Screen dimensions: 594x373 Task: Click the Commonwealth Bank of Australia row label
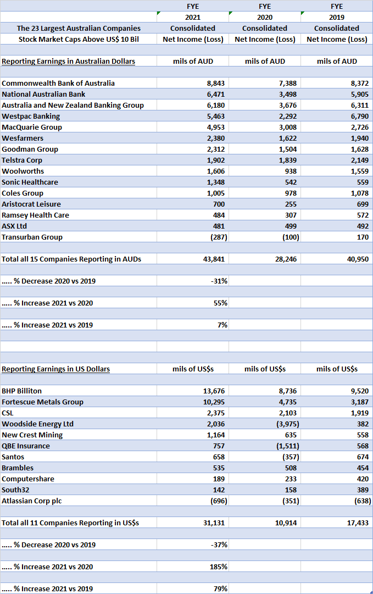coord(58,83)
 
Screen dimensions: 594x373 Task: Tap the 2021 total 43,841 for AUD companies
coord(214,259)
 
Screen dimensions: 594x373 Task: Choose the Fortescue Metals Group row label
coord(42,402)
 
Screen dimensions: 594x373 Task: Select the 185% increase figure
coord(220,567)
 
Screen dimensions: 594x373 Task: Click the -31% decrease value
coord(220,281)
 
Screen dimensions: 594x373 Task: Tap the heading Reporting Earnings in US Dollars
coord(55,369)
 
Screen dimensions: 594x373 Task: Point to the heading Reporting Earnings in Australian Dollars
coord(68,61)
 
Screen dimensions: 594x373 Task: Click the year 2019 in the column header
coord(337,17)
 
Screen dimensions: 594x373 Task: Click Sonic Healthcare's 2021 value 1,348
coord(216,182)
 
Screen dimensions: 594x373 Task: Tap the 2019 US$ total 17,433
coord(358,523)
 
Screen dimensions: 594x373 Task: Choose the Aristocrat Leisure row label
coord(31,204)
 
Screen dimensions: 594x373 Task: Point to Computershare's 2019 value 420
coord(362,479)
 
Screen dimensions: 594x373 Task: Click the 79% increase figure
coord(221,589)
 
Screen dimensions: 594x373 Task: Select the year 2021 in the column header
coord(193,17)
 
